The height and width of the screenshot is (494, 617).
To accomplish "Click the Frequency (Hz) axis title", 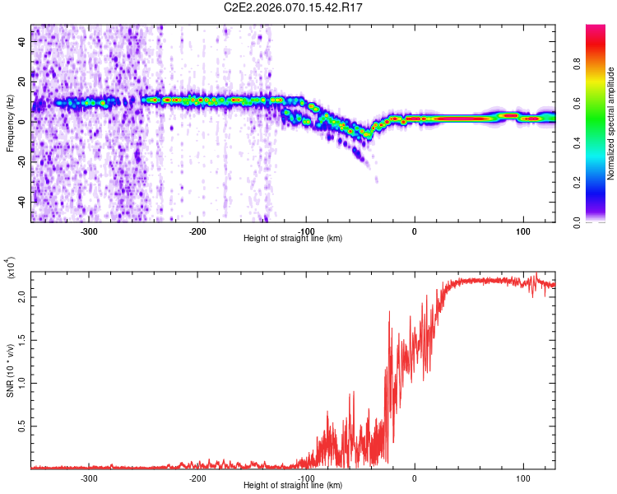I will point(10,123).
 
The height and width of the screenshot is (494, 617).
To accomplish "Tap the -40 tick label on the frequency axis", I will point(23,202).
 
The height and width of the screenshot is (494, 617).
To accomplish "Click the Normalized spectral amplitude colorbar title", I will point(610,123).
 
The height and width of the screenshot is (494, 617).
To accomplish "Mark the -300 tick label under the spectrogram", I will point(90,231).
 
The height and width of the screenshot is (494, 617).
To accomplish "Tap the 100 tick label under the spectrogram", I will point(522,231).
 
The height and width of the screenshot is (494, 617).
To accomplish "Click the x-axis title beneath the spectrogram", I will point(294,239).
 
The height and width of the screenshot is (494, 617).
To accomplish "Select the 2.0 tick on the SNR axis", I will point(22,298).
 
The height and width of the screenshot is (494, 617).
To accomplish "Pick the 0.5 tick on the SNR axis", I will point(22,426).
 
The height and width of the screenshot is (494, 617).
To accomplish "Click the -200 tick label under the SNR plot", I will point(197,478).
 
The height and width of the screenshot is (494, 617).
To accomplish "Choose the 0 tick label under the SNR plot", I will point(415,478).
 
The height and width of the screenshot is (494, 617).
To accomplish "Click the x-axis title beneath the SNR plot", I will point(294,486).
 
